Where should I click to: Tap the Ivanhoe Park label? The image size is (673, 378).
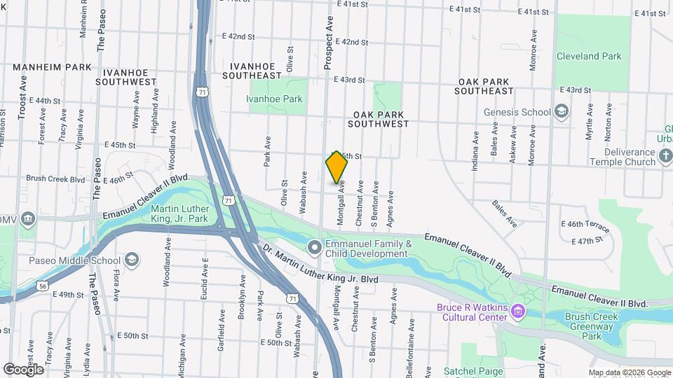[x=274, y=99]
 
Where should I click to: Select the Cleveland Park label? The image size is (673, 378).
[x=589, y=56]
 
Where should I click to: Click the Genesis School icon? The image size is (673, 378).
[x=561, y=112]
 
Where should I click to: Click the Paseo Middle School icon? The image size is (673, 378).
[x=131, y=261]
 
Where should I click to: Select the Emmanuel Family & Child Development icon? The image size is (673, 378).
[x=315, y=247]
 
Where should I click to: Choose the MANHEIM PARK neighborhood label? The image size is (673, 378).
[x=52, y=67]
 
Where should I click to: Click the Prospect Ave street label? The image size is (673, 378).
[x=327, y=43]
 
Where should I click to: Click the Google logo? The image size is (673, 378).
[x=23, y=369]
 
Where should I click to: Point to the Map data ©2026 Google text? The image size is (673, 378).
[x=629, y=372]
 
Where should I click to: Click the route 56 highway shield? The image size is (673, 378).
[x=43, y=286]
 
